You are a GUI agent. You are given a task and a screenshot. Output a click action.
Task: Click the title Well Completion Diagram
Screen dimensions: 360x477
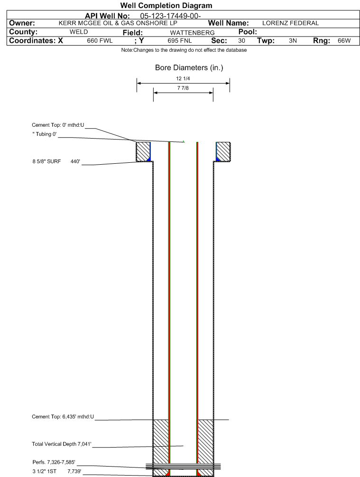tap(166, 6)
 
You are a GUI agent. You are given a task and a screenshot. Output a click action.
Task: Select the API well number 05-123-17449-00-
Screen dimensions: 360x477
tap(170, 16)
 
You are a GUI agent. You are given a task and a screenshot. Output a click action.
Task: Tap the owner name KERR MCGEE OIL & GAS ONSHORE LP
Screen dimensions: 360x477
tap(118, 23)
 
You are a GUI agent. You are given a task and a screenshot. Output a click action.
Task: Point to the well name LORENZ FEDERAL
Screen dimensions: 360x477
tap(290, 23)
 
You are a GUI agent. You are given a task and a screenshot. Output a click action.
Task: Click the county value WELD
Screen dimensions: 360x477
tap(79, 32)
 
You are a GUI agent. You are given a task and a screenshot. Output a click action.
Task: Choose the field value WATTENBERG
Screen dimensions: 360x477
tap(192, 33)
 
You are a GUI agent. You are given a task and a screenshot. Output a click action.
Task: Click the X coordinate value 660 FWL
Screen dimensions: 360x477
tap(100, 41)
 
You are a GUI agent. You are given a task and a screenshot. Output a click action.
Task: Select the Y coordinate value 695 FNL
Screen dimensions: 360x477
tap(180, 41)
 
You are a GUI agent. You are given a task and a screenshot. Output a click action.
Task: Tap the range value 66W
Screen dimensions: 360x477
tap(344, 41)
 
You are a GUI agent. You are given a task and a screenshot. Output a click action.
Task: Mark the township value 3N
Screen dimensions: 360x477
tap(293, 41)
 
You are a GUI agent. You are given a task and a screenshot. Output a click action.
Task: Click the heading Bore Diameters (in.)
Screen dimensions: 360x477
tap(189, 67)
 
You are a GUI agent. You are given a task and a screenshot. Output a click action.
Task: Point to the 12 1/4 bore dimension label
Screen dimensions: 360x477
tap(183, 78)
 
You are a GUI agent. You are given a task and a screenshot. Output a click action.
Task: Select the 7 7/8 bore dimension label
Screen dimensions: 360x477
tap(183, 88)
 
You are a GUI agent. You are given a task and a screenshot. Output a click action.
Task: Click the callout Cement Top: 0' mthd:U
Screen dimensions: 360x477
tap(58, 125)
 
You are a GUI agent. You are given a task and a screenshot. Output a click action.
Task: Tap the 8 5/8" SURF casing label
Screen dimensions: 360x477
tap(47, 161)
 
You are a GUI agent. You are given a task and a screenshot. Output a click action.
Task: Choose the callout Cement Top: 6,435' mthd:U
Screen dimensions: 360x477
tap(63, 417)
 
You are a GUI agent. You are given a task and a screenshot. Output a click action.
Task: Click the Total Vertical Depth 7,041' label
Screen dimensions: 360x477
tap(61, 444)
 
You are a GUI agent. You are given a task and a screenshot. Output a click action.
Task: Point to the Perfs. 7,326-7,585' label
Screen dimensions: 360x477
tap(54, 462)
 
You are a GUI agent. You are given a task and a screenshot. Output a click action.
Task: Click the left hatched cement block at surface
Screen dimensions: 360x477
tap(143, 151)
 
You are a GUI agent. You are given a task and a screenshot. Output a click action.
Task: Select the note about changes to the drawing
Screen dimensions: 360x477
tap(184, 50)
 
